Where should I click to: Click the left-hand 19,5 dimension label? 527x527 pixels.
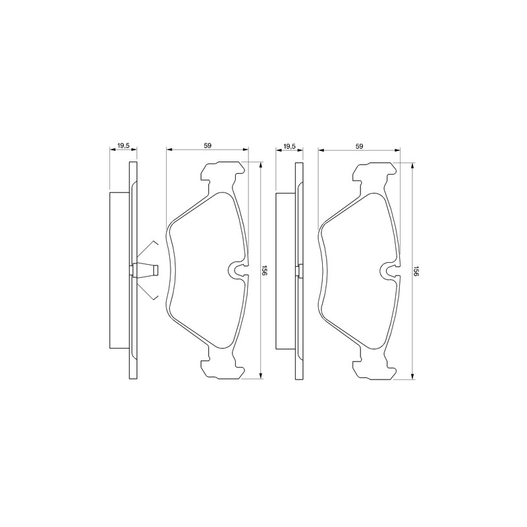[x=123, y=146]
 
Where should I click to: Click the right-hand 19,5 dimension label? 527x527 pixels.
[x=289, y=146]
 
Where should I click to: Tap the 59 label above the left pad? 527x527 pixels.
[x=208, y=146]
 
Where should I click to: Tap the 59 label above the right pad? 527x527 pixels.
[x=359, y=146]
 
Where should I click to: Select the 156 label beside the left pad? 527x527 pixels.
[x=264, y=271]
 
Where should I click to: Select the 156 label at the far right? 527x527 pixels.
[x=416, y=271]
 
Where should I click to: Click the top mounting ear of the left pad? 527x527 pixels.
[x=222, y=172]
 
